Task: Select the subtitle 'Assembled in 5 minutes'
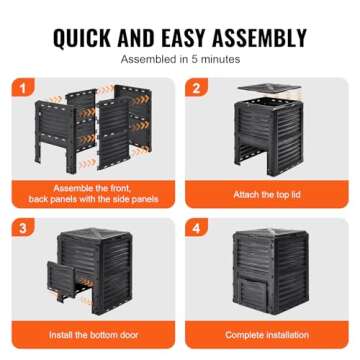pos(180,60)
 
